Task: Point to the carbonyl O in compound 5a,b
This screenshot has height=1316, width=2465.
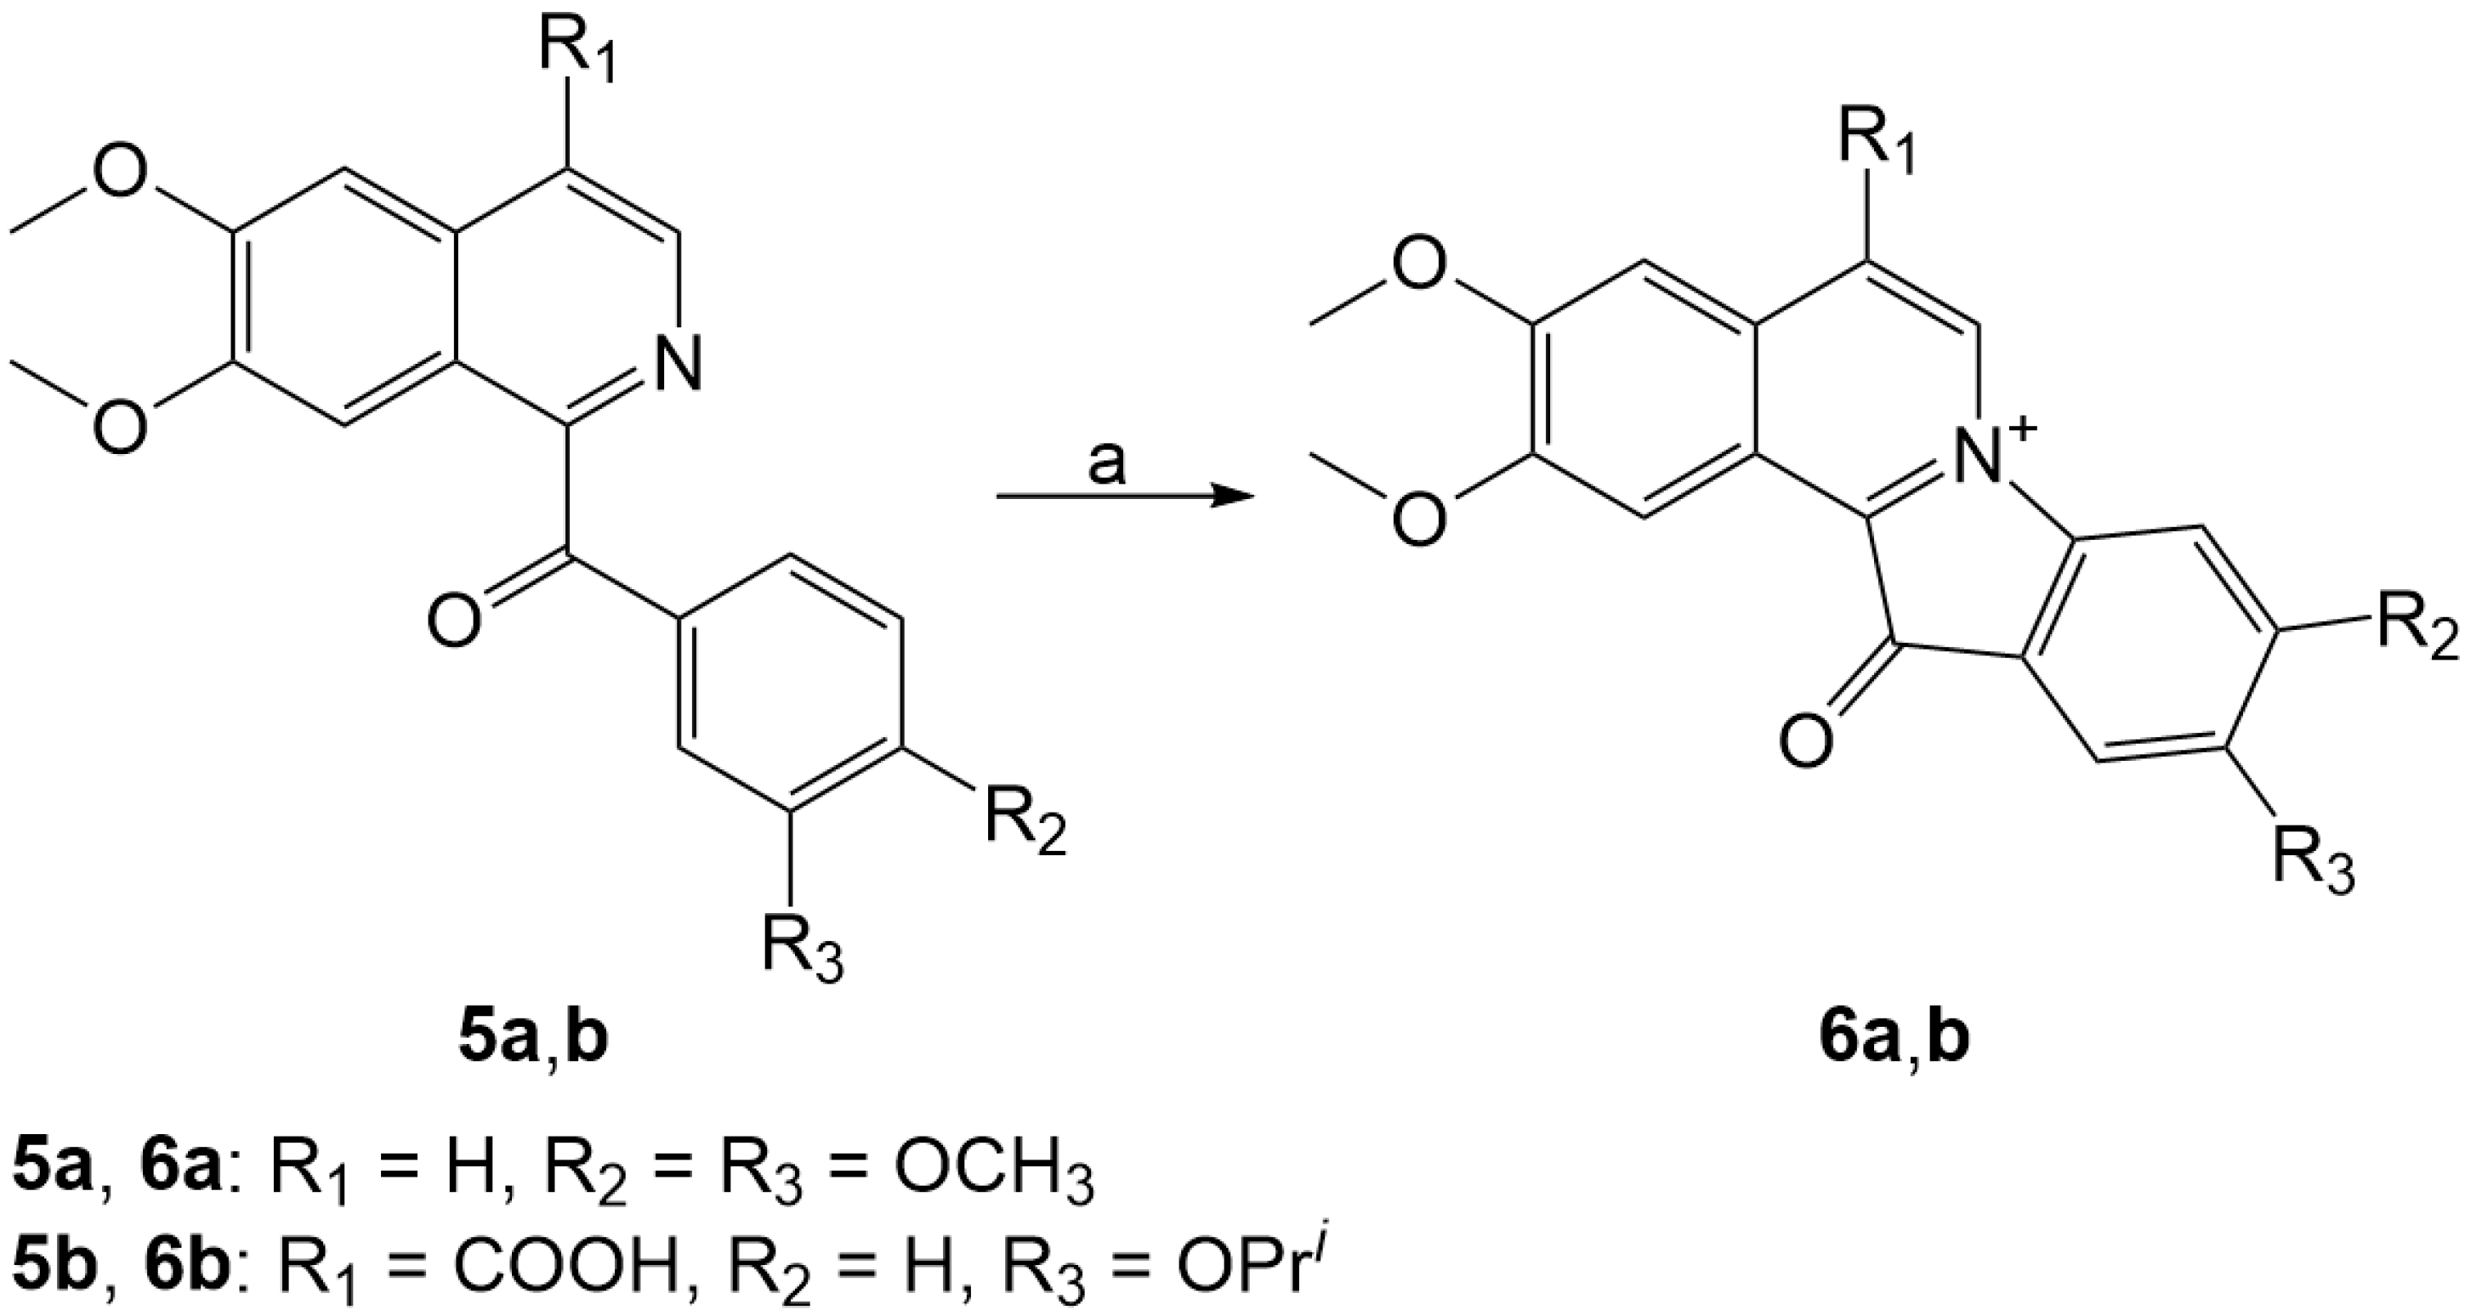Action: (452, 620)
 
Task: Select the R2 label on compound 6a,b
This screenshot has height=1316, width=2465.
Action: (2419, 629)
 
